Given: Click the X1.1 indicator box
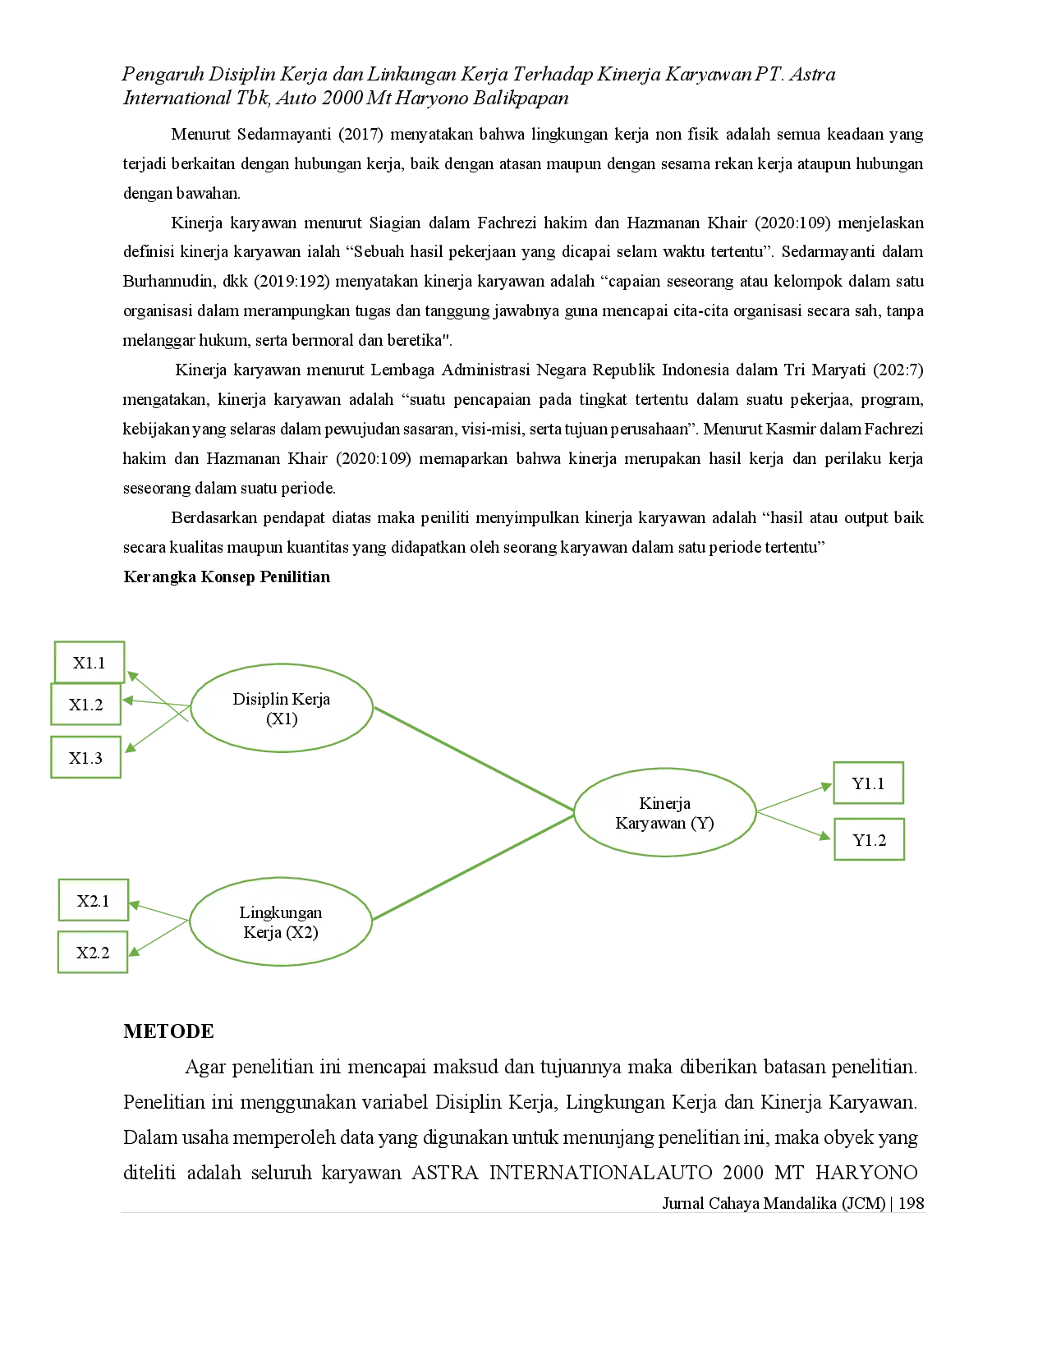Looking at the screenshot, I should pos(89,662).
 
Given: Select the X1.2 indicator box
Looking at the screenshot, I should pos(86,705).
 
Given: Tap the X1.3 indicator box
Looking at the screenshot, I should pos(85,757).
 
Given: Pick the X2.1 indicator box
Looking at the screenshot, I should pos(93,901).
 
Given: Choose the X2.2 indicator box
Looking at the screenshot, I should pos(93,953).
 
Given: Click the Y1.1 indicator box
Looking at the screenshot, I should pos(868,783).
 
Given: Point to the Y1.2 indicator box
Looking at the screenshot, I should pos(869,839).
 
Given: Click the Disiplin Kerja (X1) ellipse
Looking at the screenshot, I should pos(282,708).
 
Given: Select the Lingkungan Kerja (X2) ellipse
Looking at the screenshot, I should pos(281,921).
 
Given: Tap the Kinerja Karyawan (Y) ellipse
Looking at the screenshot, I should pos(664,812).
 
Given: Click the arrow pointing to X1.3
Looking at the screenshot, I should pos(156,730).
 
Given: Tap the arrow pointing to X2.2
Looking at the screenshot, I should pos(158,938).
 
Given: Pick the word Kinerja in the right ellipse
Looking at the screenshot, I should pos(664,803).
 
